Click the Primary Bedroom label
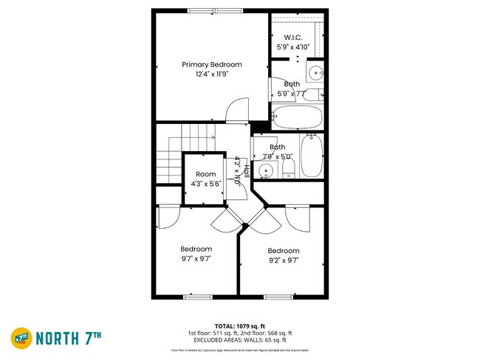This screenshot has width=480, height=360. point(212,65)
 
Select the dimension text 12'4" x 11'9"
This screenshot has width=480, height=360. point(212,75)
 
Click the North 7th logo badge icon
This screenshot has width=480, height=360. point(20,338)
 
